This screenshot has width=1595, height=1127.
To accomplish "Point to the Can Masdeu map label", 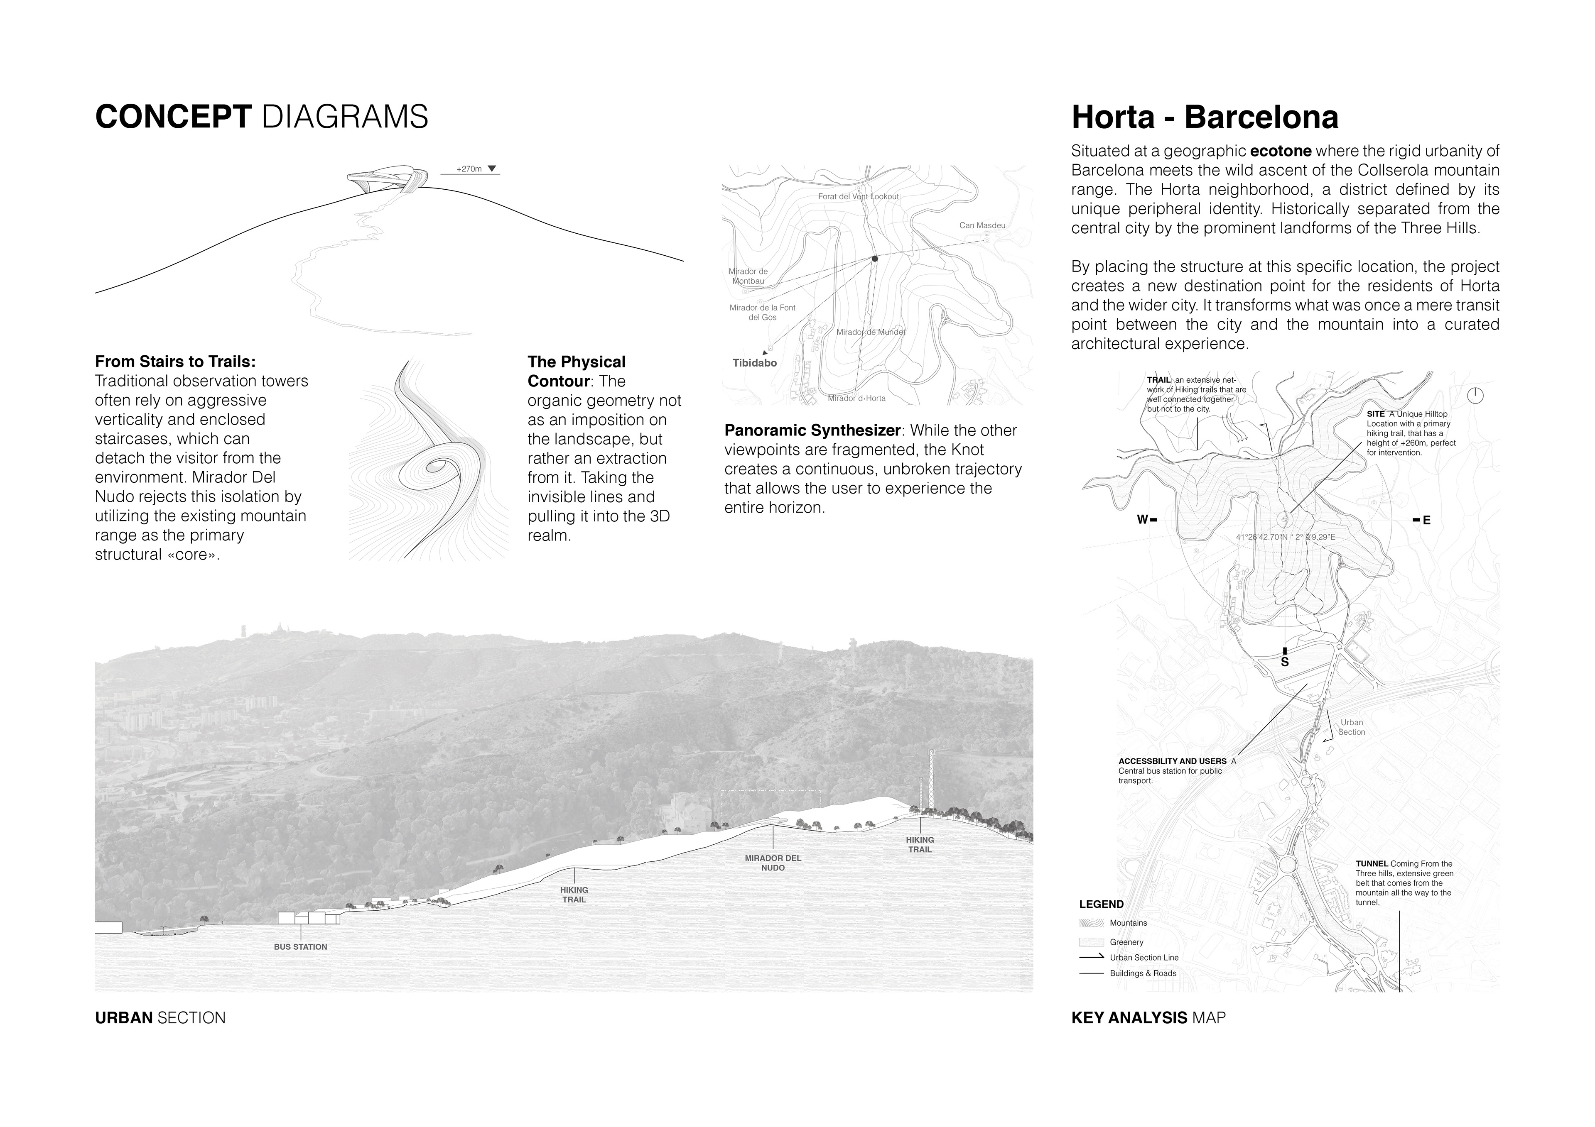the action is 982,226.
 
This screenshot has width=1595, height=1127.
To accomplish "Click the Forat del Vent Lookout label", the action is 858,196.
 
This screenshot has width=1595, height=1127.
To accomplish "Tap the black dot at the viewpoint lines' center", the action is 875,258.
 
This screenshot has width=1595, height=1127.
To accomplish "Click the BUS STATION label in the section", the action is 300,946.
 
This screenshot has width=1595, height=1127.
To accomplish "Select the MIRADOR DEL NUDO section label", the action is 773,863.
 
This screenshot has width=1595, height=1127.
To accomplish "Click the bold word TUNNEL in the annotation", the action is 1371,864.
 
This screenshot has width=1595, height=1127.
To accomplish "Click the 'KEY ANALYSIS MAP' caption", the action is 1148,1018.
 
